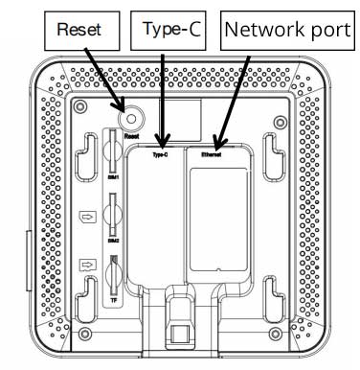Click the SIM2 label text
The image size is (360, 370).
click(112, 241)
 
